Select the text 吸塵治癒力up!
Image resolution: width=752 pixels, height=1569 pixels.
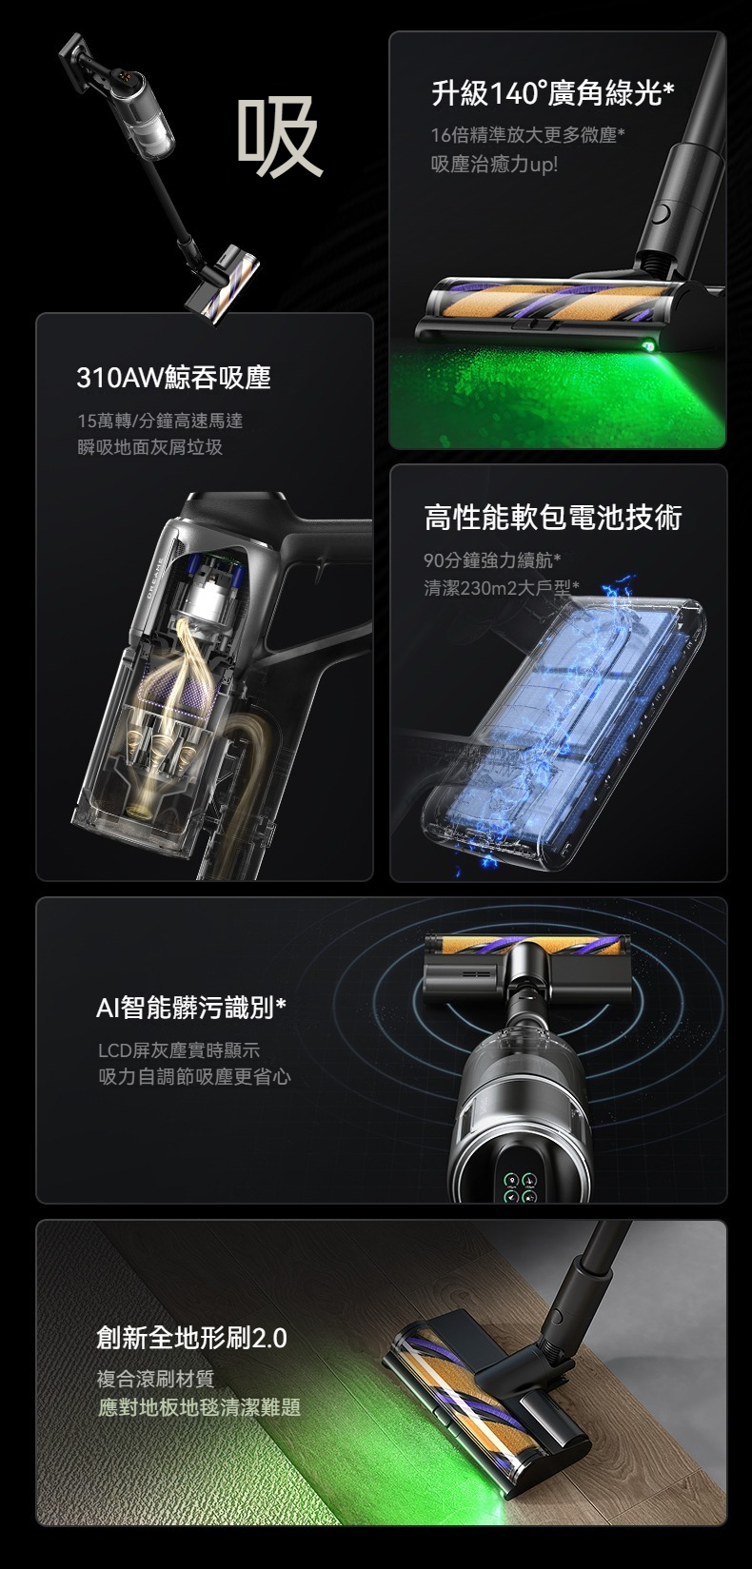(494, 165)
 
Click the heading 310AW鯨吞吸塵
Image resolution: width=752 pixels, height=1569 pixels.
(173, 379)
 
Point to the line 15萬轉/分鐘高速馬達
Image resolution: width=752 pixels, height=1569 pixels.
(160, 421)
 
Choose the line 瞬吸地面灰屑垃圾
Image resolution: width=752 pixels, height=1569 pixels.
(150, 447)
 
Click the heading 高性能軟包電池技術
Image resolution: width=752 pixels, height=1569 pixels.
(553, 518)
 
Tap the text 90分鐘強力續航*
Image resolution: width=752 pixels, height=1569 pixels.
(493, 560)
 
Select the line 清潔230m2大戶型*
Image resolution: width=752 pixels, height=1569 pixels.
(501, 587)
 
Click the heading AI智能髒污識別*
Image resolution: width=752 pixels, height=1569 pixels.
(191, 1008)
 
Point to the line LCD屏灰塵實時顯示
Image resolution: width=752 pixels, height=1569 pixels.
(179, 1050)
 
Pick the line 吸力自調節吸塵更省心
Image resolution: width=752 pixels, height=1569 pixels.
(194, 1076)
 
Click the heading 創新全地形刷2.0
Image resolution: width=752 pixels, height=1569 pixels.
(191, 1338)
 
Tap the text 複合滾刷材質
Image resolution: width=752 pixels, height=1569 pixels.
(155, 1380)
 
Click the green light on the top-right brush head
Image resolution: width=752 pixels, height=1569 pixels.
(648, 346)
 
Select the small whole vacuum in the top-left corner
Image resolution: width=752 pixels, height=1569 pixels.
(159, 178)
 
